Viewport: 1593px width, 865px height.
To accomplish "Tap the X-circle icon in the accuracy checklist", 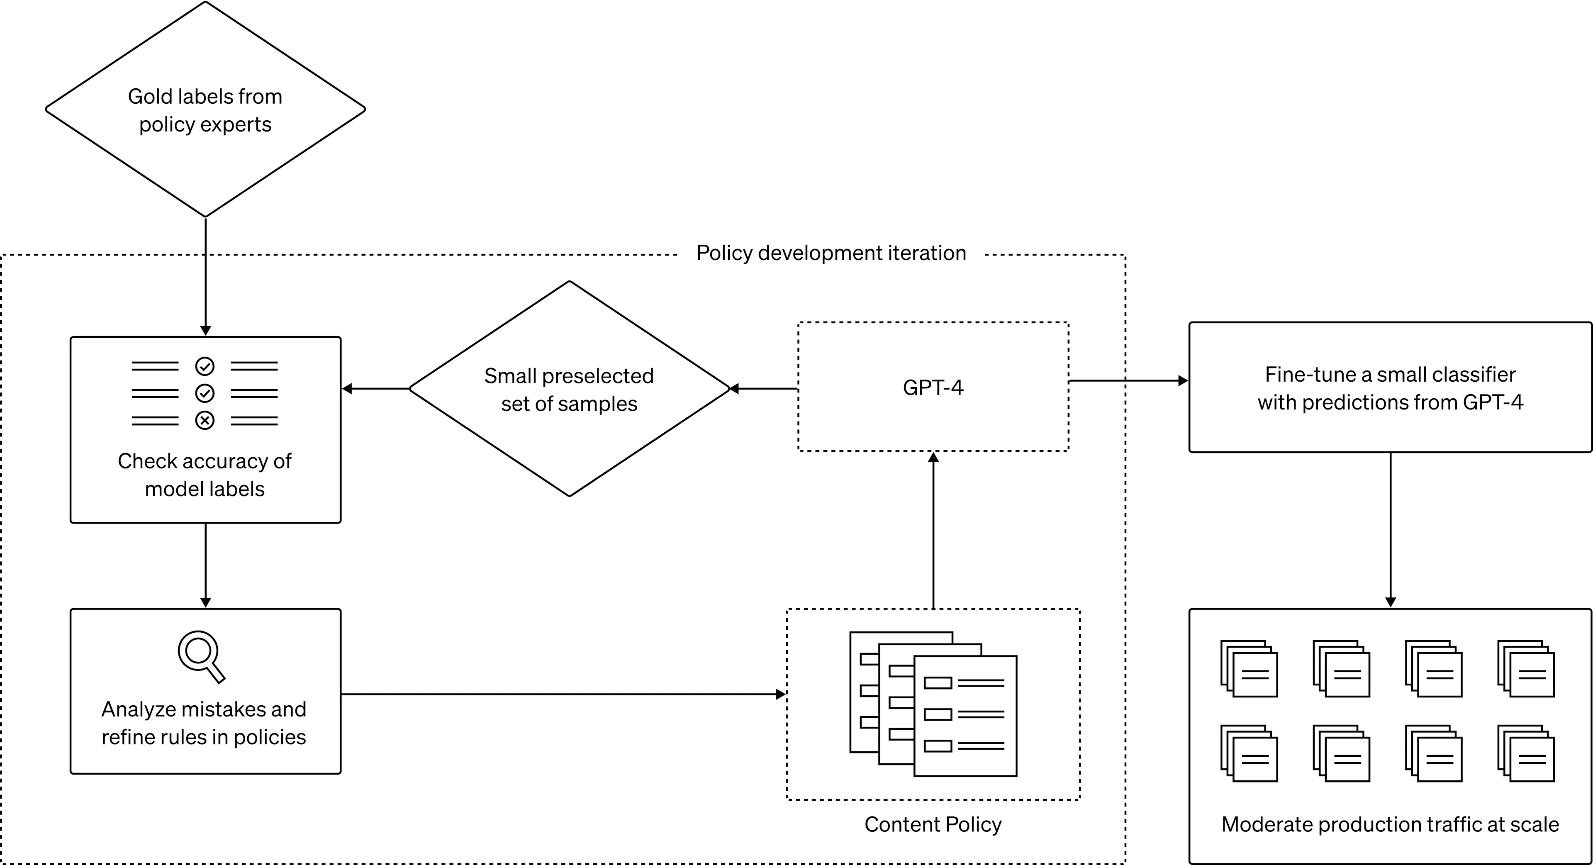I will point(205,420).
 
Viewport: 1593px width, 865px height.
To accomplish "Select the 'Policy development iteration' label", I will point(831,253).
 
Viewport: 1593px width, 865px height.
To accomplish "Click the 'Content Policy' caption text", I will point(933,824).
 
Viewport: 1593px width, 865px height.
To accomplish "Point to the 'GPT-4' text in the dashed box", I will point(933,387).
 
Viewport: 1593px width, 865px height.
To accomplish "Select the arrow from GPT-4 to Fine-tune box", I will point(1128,381).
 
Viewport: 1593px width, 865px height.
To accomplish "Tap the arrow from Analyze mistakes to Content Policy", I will point(563,694).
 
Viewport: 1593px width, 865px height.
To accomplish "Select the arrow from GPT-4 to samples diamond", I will point(764,389).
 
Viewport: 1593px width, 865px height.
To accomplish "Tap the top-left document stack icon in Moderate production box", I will point(1249,668).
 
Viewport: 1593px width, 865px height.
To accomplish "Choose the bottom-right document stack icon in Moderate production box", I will point(1526,753).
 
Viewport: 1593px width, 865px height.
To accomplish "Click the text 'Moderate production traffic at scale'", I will point(1390,824).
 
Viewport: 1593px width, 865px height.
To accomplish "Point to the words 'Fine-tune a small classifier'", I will point(1390,375).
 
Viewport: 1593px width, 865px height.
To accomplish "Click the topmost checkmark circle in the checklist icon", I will point(205,367).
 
